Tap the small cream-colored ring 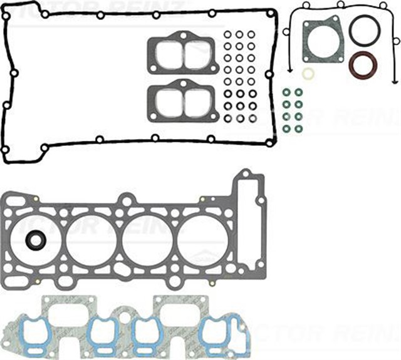[x=307, y=74]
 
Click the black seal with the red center [x=36, y=240]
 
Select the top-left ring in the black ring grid [x=228, y=34]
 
